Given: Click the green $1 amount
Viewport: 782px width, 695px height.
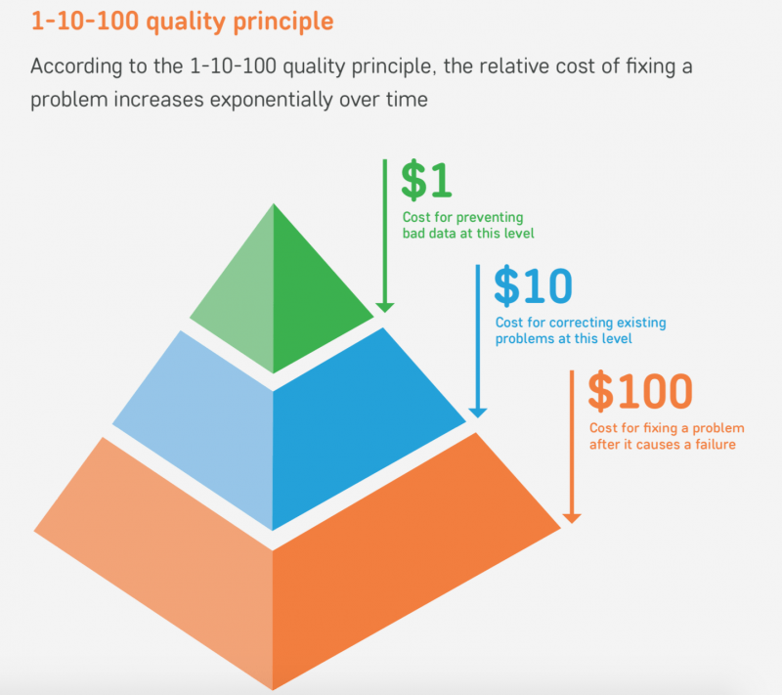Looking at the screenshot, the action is coord(426,180).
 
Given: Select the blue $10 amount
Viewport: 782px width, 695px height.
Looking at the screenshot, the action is coord(533,285).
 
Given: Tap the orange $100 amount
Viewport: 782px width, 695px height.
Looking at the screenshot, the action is coord(640,391).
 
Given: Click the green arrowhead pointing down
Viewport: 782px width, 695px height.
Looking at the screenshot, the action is coord(384,308).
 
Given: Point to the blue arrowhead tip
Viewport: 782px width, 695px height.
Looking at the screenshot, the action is coord(478,417).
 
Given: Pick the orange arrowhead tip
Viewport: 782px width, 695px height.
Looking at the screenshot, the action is coord(572,524).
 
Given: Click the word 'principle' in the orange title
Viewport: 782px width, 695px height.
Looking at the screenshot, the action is coord(283,22).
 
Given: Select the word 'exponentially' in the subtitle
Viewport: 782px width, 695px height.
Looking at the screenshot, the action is coord(271,100).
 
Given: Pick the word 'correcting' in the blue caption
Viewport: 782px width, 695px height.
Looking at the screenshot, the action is coord(581,324).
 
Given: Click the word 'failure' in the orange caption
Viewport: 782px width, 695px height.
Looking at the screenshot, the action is coord(716,444).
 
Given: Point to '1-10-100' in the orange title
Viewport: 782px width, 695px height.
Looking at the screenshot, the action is coord(85,21).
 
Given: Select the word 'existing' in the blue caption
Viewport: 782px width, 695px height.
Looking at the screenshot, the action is coord(641,324).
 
